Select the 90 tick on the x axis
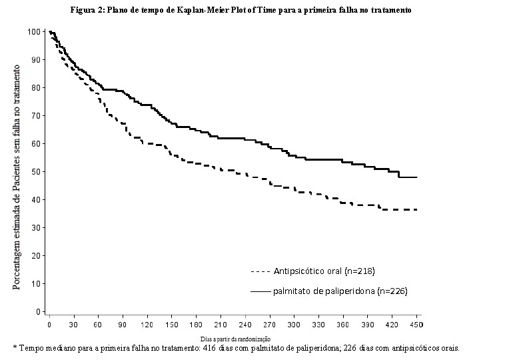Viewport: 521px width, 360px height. click(123, 324)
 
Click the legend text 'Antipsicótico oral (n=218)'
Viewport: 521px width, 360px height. click(322, 271)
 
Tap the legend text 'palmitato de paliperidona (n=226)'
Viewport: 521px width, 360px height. click(340, 291)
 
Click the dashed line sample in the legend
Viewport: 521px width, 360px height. click(260, 272)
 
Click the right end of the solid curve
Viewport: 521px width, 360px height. click(417, 177)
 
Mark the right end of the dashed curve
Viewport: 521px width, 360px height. click(417, 209)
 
